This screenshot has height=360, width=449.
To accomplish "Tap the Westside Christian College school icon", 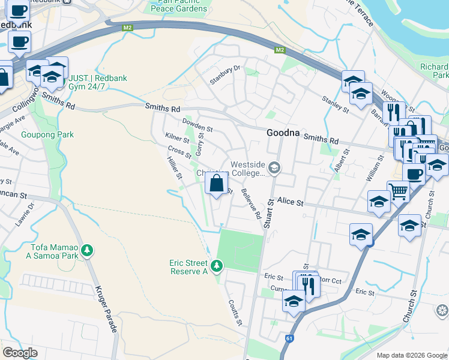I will (275, 167).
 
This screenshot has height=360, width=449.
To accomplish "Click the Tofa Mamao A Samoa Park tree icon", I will (88, 250).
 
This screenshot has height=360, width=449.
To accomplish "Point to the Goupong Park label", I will (47, 135).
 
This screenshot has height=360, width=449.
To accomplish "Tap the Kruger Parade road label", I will (104, 307).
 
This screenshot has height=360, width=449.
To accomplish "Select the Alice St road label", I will (291, 203).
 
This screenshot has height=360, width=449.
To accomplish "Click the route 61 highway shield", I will (289, 339).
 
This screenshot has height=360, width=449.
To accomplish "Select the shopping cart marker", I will (397, 192).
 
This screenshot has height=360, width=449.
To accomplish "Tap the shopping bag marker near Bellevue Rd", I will (216, 182).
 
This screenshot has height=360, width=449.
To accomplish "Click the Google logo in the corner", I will (20, 353).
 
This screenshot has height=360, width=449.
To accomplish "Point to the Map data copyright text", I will (411, 355).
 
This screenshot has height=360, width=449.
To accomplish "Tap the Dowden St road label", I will (197, 125).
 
